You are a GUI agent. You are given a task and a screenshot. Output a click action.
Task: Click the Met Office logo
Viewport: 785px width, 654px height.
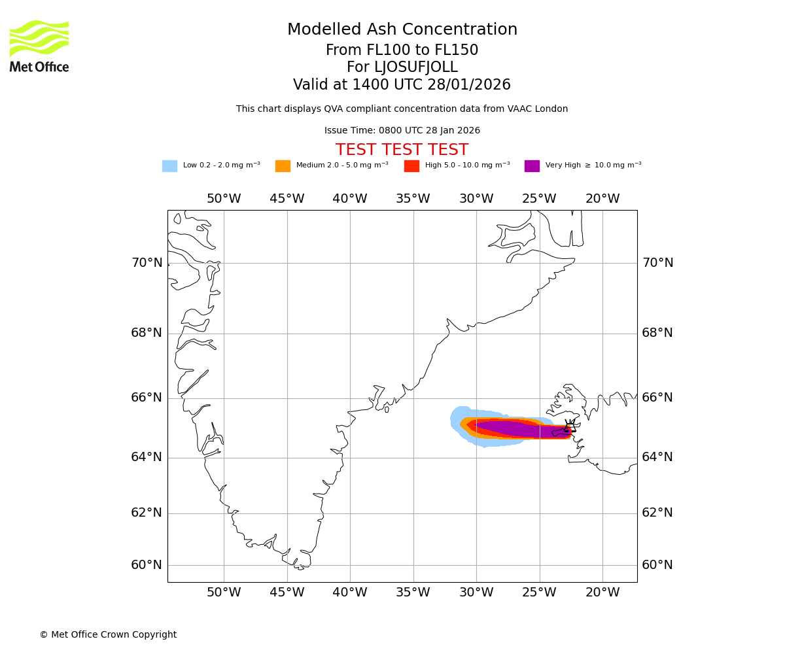[39, 46]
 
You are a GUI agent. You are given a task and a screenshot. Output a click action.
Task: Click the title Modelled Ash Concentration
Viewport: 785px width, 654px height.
[402, 30]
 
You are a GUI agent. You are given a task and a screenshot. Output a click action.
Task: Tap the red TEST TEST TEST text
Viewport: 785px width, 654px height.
[402, 150]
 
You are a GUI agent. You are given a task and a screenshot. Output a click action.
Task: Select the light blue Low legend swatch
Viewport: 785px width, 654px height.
[169, 166]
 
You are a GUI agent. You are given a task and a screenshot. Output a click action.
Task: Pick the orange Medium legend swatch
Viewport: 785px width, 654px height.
[283, 166]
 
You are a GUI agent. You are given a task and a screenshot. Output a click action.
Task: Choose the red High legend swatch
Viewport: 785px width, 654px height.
[411, 166]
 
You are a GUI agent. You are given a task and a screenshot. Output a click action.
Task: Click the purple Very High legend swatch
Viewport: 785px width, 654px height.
[532, 166]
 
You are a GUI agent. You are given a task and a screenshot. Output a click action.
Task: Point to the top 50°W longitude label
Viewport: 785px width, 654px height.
[224, 199]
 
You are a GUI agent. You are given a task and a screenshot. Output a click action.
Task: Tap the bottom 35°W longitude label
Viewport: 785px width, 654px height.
[413, 593]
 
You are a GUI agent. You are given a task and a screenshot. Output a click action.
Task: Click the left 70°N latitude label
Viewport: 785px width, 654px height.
[147, 263]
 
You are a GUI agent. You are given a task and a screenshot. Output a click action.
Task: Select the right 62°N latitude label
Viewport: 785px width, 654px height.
[657, 513]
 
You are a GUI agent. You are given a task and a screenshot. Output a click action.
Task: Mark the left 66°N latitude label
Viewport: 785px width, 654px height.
[147, 398]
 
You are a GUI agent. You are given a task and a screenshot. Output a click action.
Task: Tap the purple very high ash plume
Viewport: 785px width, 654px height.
[517, 429]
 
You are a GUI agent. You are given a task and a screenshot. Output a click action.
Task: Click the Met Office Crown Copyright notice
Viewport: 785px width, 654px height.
[108, 635]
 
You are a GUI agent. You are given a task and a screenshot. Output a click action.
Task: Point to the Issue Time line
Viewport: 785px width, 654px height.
[402, 131]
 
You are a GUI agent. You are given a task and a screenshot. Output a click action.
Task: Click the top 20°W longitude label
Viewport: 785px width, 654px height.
[602, 199]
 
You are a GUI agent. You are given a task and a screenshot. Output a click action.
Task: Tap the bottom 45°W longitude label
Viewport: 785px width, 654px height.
[287, 593]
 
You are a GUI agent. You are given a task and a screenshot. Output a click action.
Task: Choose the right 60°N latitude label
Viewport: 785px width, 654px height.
[657, 565]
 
